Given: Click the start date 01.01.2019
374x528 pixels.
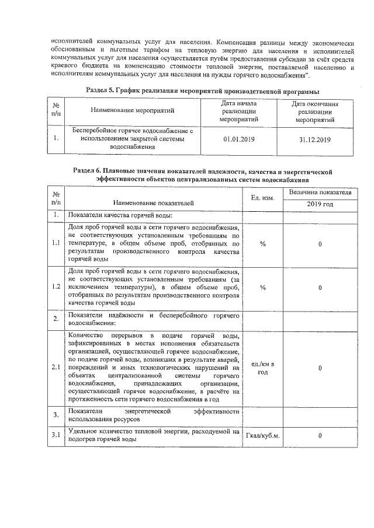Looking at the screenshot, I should (236, 140).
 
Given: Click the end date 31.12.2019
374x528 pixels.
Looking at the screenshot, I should (314, 140).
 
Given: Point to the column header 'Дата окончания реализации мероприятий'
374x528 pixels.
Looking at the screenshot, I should (314, 110).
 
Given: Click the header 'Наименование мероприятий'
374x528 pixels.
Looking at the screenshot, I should (132, 110).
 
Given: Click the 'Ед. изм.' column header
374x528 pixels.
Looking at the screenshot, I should (262, 198).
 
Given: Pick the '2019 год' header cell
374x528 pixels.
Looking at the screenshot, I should (320, 204).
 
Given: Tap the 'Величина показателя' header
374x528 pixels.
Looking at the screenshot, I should (320, 192).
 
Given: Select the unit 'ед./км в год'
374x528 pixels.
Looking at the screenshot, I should (262, 368).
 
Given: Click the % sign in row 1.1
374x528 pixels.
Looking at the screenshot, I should (262, 243).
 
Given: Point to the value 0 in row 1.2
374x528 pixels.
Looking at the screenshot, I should (320, 288).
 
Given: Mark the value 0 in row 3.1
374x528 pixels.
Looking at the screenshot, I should (320, 436).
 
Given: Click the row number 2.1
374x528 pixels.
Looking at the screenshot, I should (56, 368).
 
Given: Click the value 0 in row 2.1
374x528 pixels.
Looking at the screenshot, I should (320, 368).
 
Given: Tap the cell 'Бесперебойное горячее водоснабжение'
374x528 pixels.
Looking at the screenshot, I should (132, 139).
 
